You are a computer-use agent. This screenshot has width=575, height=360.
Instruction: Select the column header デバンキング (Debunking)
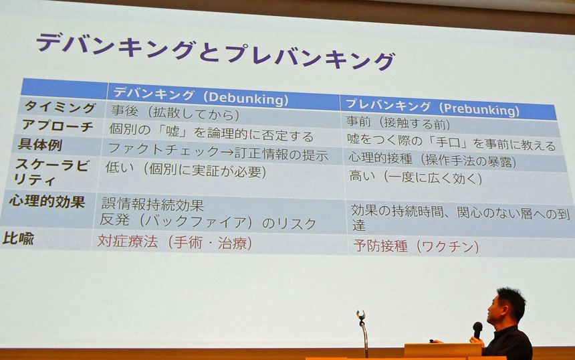click(201, 96)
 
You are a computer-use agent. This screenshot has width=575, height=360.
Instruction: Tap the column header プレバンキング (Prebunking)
click(433, 107)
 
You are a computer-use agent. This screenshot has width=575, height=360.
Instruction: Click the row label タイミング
click(60, 107)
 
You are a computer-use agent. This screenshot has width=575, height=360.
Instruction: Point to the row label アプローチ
click(57, 126)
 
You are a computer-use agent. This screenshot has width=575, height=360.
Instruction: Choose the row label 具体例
click(39, 145)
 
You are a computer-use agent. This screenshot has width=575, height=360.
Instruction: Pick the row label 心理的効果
click(47, 201)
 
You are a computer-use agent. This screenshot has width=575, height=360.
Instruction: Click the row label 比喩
click(18, 238)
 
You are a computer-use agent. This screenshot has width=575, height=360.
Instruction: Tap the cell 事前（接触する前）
click(398, 122)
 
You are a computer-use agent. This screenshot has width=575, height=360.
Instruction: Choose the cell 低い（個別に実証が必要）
click(186, 169)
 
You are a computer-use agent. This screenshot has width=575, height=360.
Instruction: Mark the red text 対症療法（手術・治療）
click(175, 242)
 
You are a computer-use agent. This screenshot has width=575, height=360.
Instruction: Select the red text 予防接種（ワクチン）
click(416, 246)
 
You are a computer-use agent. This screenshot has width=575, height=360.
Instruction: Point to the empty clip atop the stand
click(361, 315)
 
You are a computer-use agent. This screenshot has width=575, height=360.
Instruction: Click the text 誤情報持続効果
click(152, 204)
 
